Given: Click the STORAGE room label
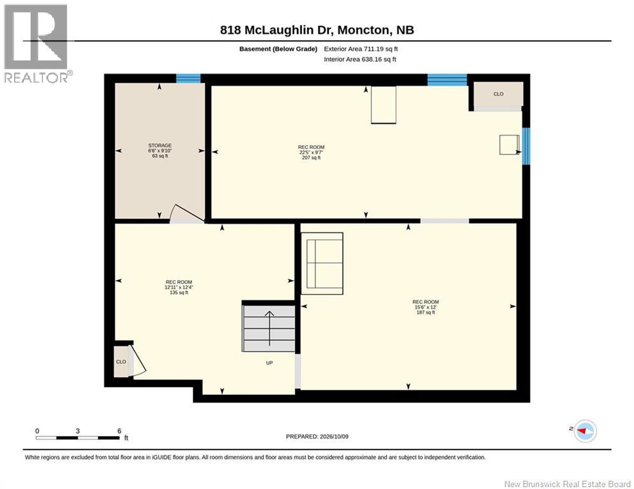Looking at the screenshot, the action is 160,145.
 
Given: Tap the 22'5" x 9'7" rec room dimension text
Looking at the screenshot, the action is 312,152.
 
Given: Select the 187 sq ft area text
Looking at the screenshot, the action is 426,313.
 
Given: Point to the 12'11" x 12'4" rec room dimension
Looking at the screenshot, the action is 178,287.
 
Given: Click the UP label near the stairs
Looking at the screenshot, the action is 270,363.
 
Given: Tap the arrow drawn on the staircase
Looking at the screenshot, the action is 270,328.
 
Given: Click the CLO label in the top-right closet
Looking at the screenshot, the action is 498,94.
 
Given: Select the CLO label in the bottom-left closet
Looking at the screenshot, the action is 121,362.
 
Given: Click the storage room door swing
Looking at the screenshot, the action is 186,213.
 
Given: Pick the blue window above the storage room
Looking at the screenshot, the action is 188,78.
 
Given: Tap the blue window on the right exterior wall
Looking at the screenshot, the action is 526,146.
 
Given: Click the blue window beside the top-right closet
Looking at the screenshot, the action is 447,80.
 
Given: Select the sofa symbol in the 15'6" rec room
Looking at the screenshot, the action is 322,264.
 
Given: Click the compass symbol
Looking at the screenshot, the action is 585,431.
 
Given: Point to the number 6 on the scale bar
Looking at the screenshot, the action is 119,431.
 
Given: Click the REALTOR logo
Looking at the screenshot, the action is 37,43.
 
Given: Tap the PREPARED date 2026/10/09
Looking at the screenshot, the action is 334,436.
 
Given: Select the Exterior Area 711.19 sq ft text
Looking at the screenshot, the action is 361,49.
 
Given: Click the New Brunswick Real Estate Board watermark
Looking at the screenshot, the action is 567,484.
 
